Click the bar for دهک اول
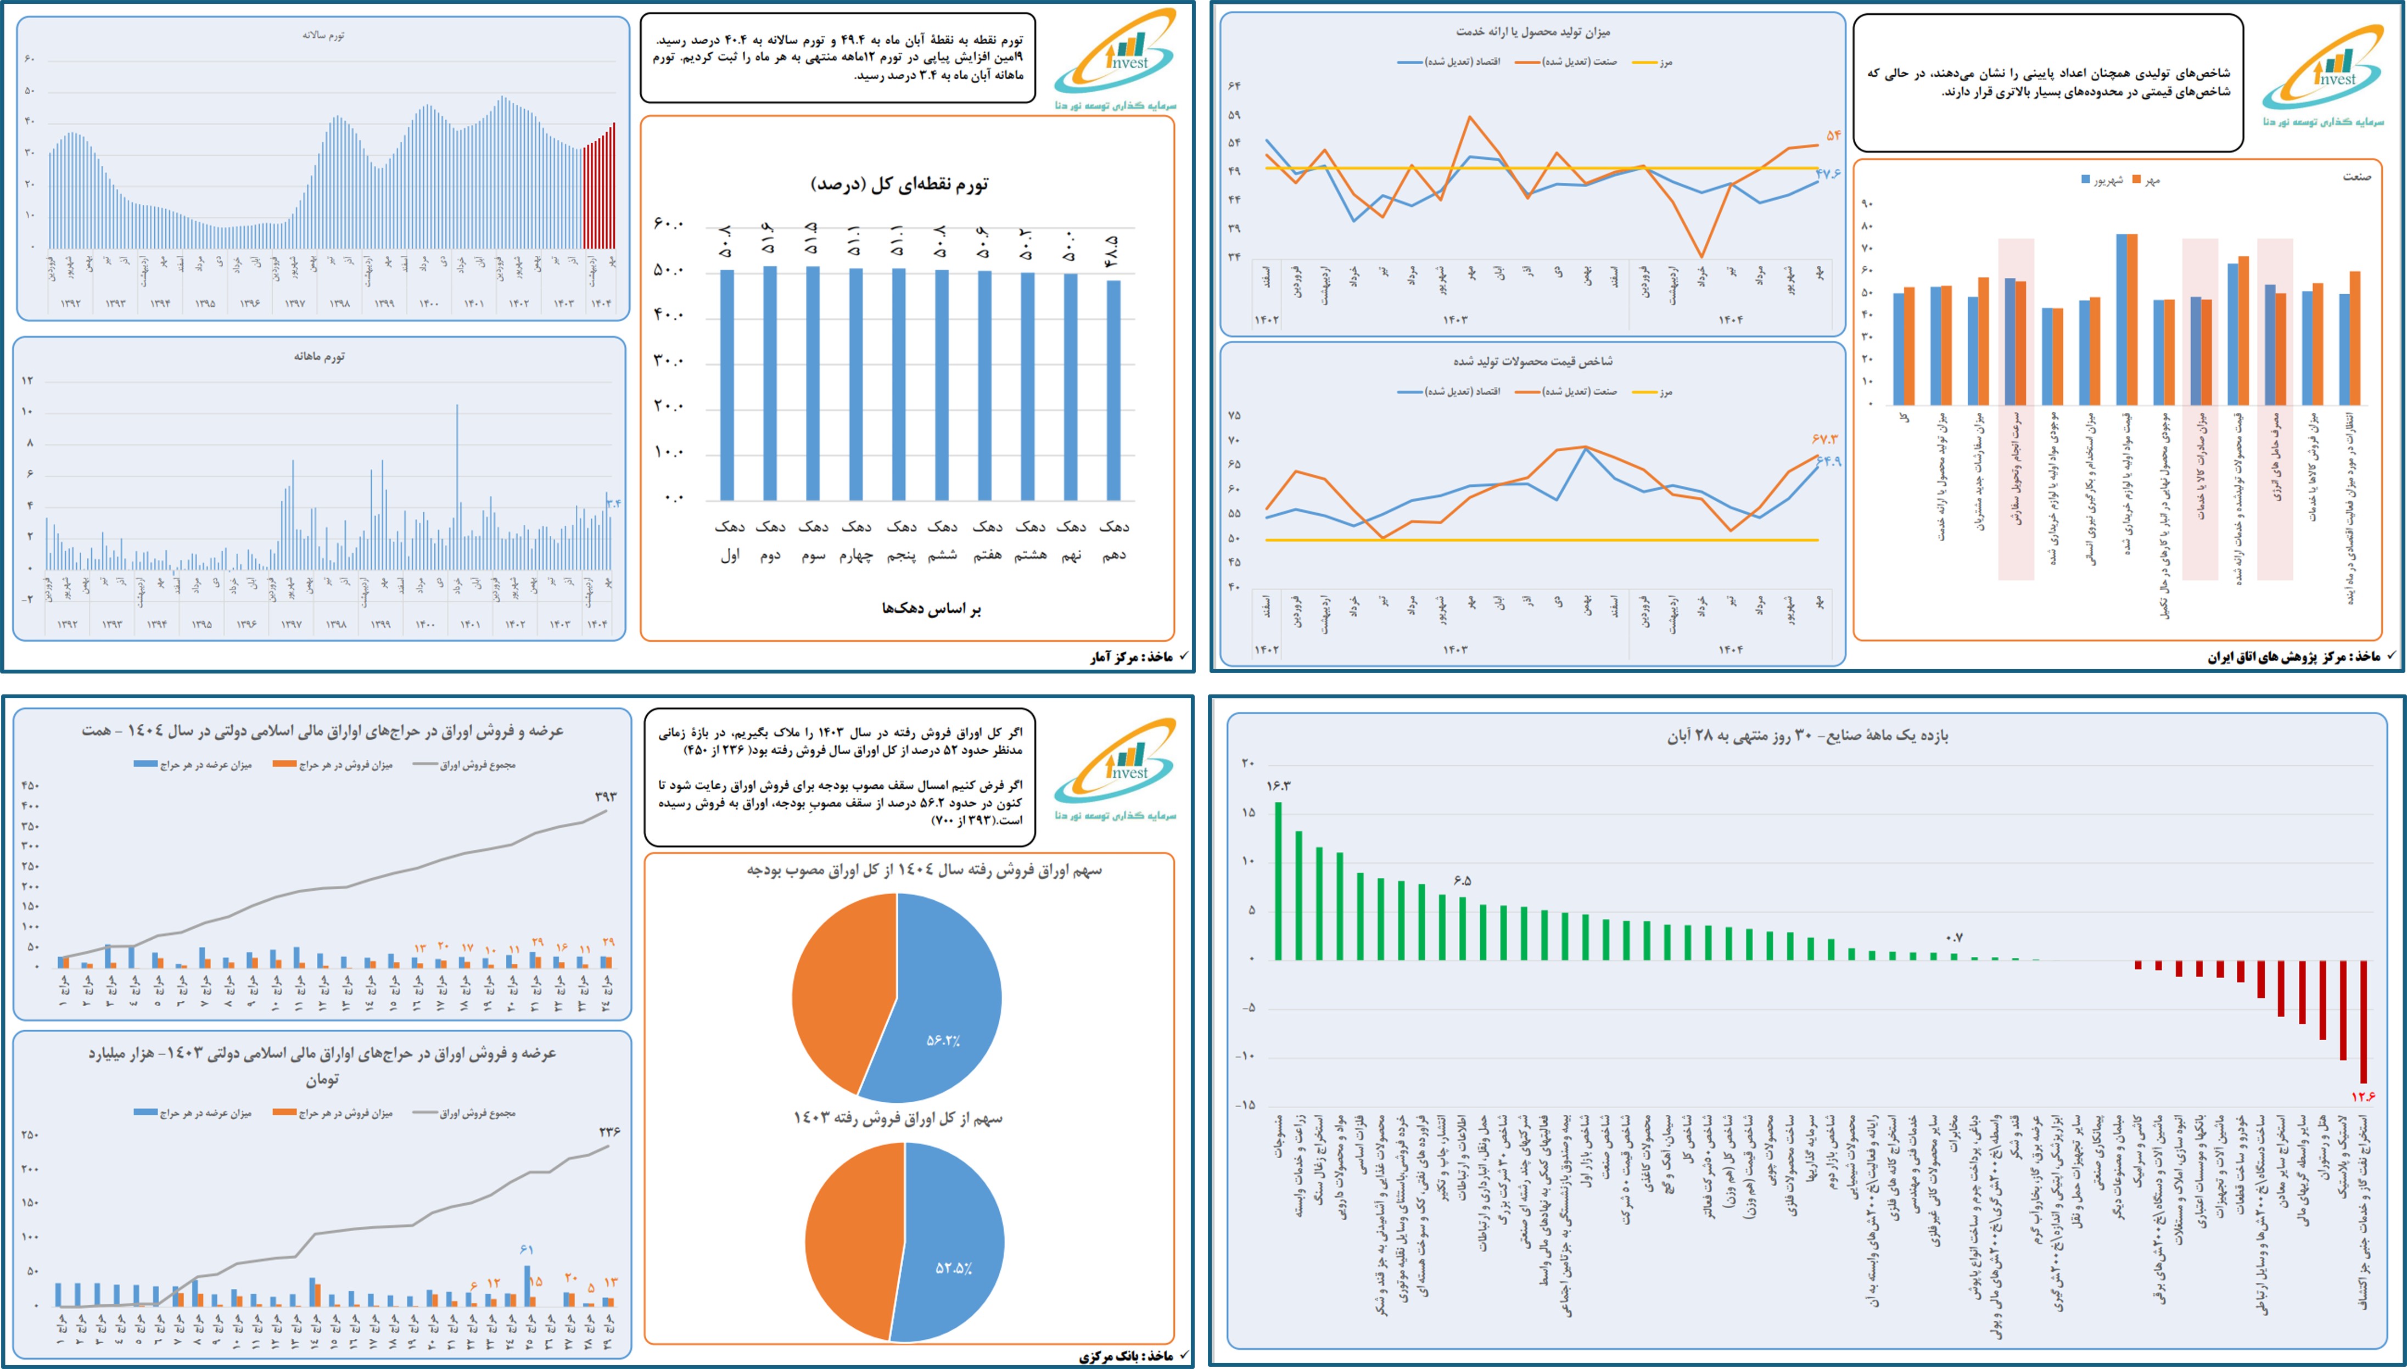pos(727,385)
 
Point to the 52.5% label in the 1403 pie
pos(953,1269)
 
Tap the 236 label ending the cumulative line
pos(609,1132)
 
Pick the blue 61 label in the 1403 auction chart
pos(527,1249)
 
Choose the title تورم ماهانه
pos(320,356)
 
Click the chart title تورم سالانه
pos(323,35)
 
